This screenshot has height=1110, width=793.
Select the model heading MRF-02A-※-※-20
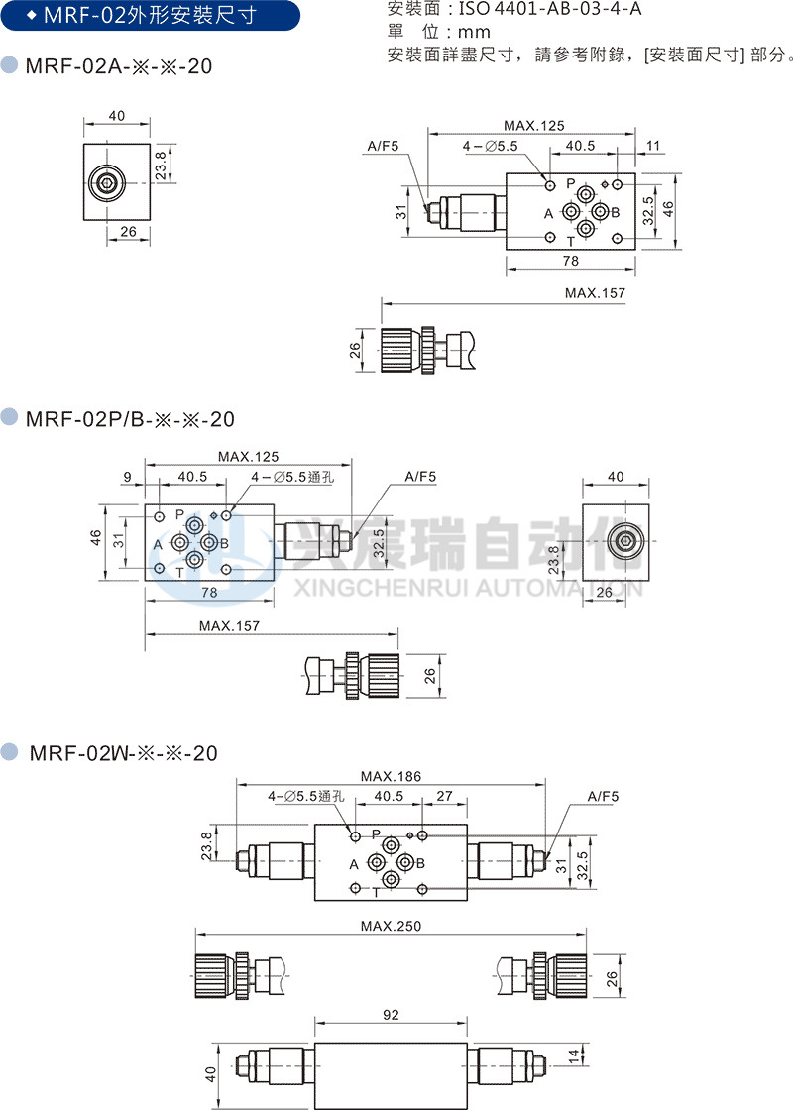pos(118,66)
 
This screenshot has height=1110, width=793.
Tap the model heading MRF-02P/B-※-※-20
pos(130,419)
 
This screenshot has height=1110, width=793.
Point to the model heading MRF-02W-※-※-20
pos(123,753)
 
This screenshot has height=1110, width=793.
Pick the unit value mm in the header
pos(474,33)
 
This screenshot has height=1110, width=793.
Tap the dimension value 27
pos(445,796)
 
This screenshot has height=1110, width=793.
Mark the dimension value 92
pos(391,1015)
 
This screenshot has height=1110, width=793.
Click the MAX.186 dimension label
pos(390,776)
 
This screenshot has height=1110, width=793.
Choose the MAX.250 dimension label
pos(391,926)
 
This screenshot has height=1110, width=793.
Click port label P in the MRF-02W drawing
pos(376,835)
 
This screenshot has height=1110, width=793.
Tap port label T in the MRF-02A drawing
pos(570,240)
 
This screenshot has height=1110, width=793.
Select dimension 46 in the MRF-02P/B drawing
pos(96,537)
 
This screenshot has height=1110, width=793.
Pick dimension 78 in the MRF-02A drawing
pos(570,262)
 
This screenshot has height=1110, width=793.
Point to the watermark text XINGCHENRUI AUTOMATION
pos(470,590)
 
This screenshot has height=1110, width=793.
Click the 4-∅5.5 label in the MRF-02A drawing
pos(491,146)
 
